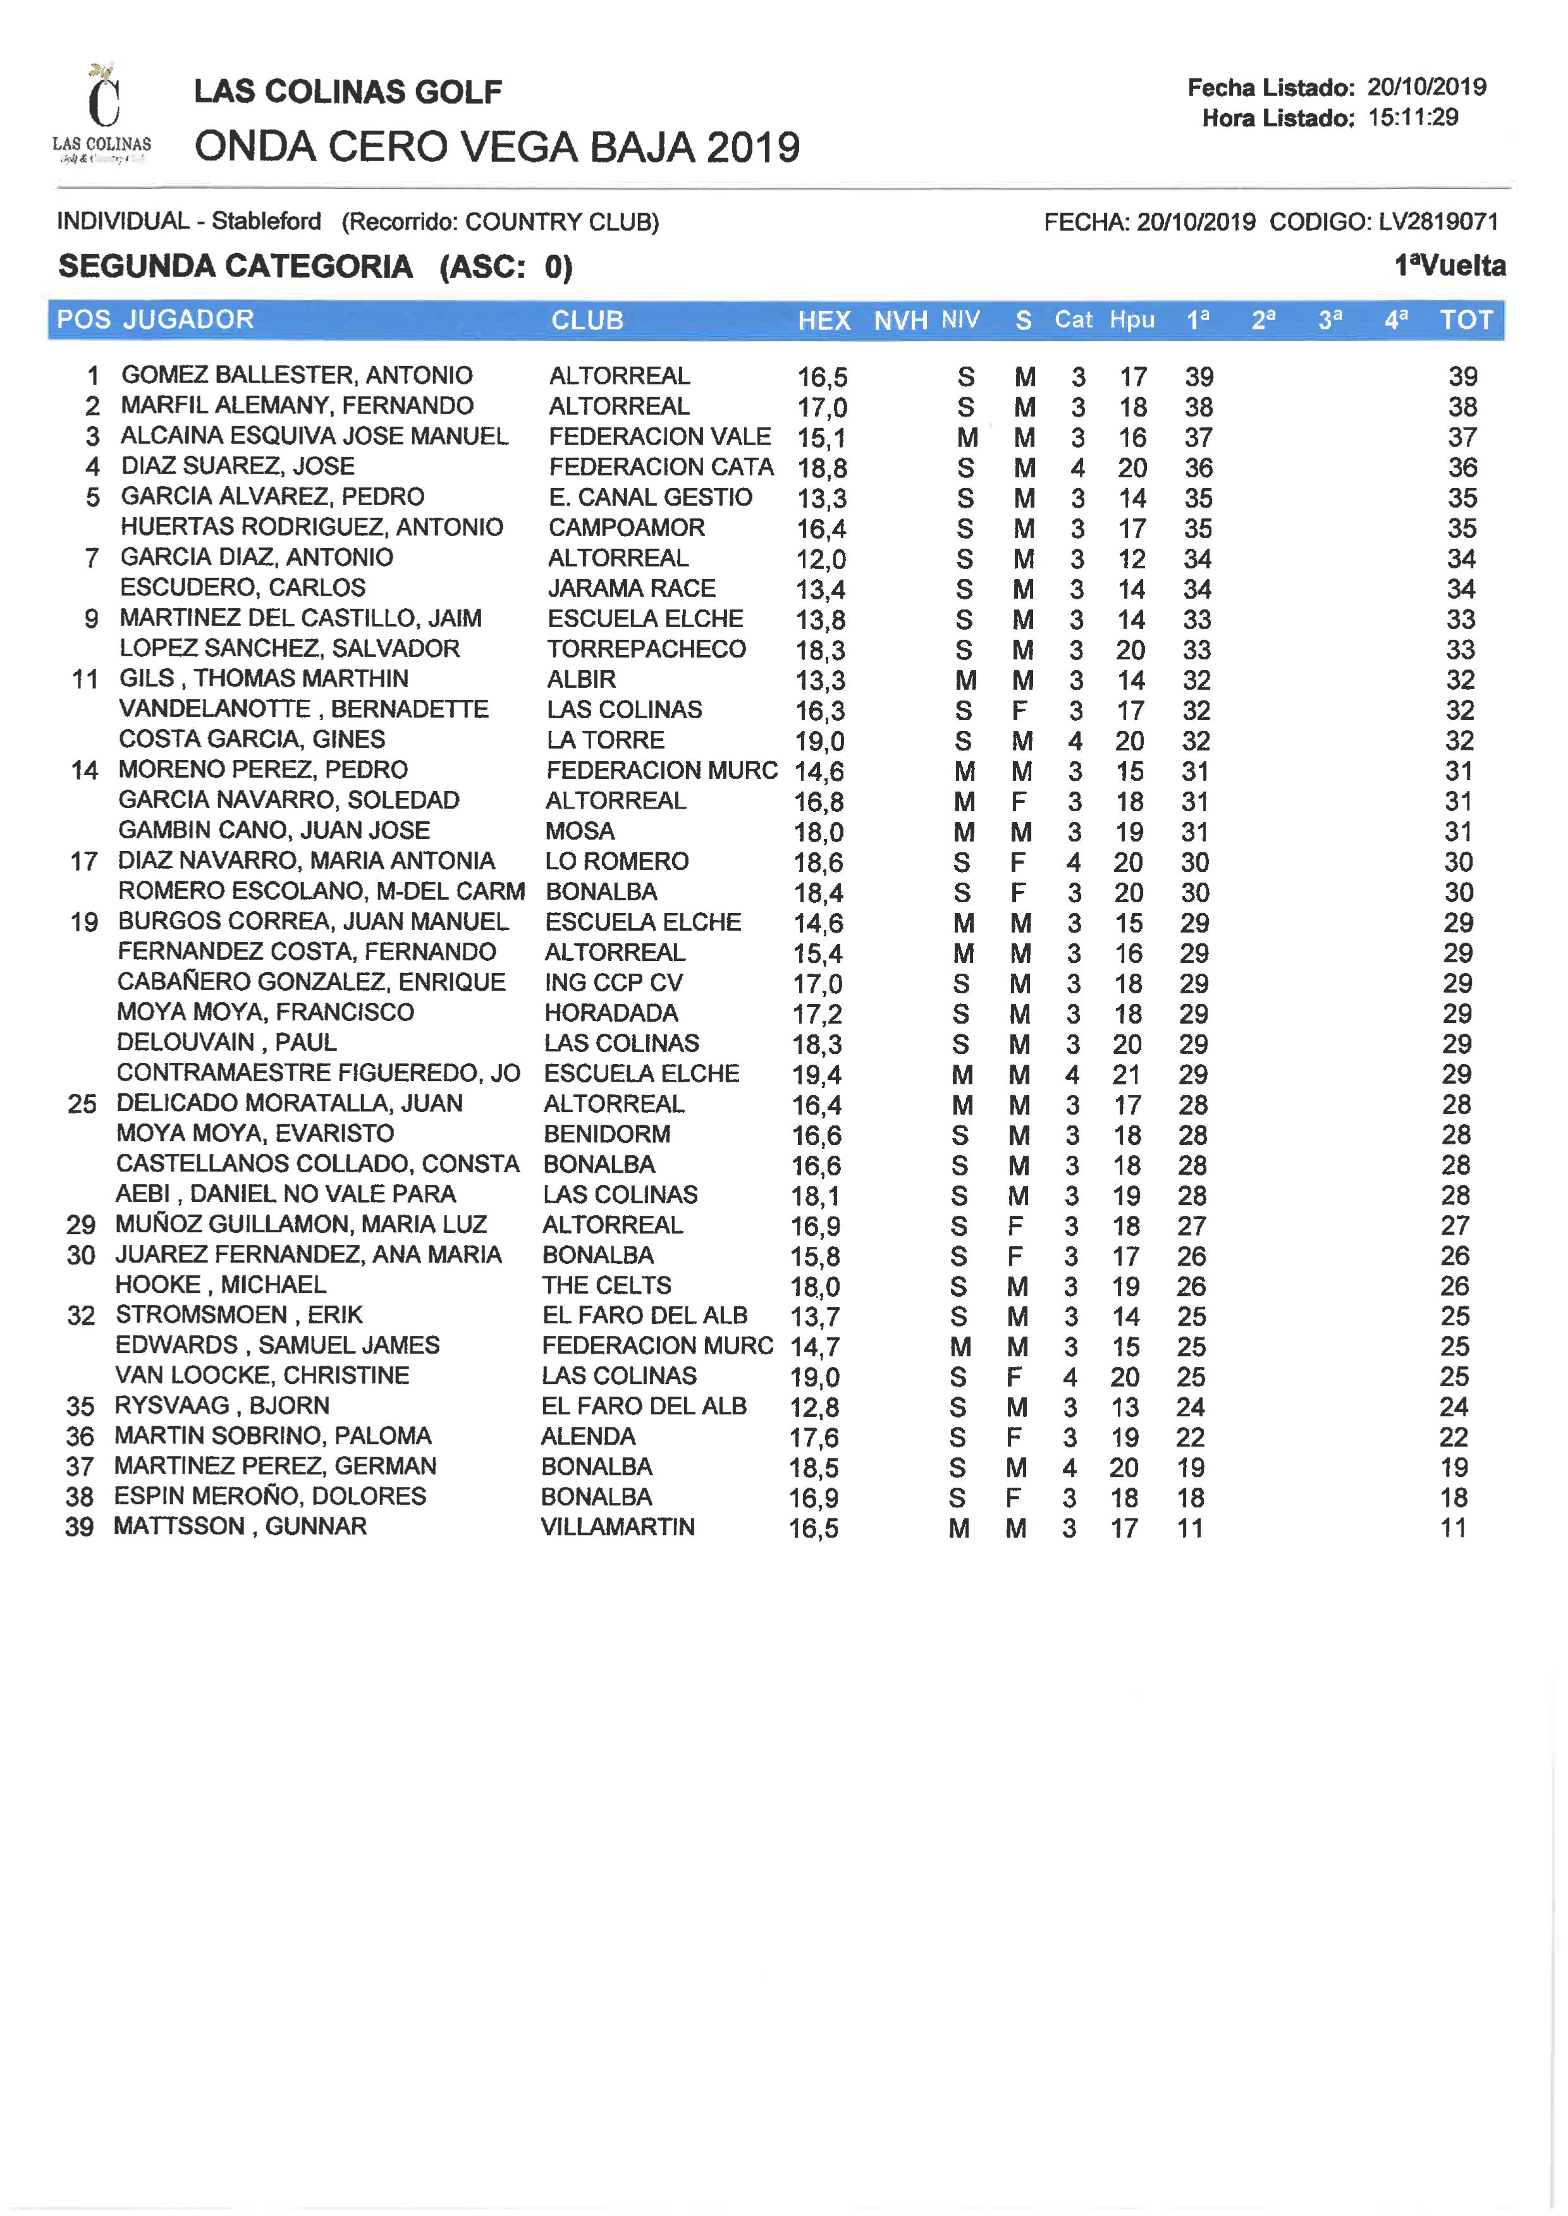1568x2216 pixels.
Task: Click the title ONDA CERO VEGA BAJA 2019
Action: (496, 148)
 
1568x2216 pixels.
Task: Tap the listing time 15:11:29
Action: (1412, 118)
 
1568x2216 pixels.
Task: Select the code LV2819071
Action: (1438, 222)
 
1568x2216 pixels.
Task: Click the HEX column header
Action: (824, 321)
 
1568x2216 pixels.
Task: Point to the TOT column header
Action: (1466, 321)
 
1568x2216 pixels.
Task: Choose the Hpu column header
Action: (1132, 321)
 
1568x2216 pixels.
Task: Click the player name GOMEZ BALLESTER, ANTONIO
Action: (297, 375)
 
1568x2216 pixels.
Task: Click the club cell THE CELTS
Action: (606, 1285)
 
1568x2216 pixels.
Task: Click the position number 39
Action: (79, 1527)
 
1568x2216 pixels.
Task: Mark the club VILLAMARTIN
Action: (617, 1527)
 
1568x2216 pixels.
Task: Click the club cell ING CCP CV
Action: (613, 983)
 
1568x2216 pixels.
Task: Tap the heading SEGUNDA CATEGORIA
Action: (236, 267)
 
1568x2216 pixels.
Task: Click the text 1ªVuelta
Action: (1449, 266)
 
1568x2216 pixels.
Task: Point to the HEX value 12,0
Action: (821, 559)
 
